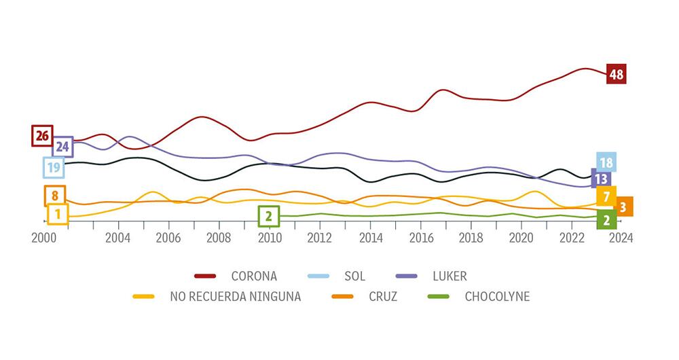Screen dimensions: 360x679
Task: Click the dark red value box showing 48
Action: point(616,74)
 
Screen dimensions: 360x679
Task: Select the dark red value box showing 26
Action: point(42,136)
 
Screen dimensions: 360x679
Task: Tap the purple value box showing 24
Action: point(62,146)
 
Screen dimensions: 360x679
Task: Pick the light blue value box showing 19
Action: point(54,167)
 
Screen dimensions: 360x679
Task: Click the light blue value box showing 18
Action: point(606,162)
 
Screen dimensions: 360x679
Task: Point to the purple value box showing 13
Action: point(601,179)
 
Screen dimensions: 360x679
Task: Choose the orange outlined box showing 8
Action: point(55,196)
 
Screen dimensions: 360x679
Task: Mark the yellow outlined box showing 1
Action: point(58,215)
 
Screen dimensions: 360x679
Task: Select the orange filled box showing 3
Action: point(623,206)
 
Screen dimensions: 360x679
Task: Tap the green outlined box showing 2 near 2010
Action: point(269,217)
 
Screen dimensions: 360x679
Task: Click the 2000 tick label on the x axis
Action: point(44,238)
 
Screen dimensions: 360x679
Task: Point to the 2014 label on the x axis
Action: point(371,238)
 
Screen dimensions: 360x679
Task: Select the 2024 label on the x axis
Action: point(621,238)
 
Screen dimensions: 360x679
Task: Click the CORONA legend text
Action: point(254,276)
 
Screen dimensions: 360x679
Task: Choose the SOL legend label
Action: point(354,276)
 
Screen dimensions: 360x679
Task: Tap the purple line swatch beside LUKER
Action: point(407,276)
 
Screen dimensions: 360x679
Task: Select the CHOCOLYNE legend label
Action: point(497,297)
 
